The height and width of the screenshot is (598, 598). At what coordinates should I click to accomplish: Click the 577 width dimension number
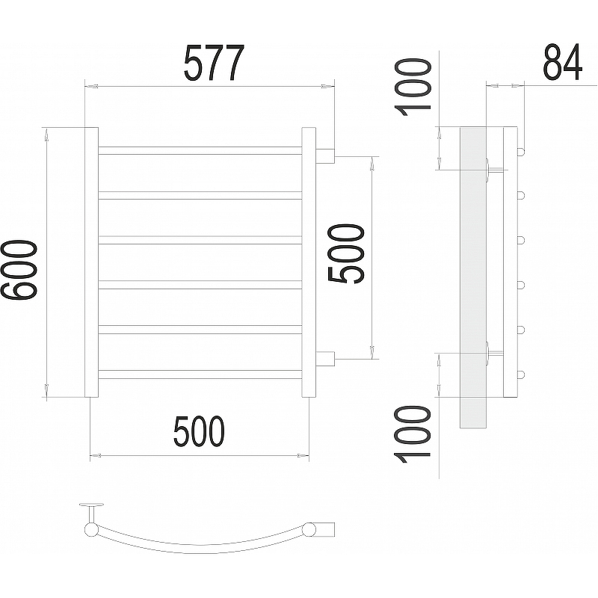(x=214, y=64)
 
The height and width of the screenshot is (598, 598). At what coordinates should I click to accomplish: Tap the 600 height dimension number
(x=19, y=270)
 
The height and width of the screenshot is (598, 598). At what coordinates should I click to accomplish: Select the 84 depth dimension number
(x=563, y=62)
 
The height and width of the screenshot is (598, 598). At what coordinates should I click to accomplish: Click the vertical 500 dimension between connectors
(x=346, y=254)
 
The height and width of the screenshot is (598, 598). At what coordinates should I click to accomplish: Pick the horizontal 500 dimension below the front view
(x=199, y=432)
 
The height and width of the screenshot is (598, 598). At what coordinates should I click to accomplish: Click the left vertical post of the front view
(x=91, y=262)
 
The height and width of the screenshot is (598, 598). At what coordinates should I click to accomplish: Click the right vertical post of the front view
(x=309, y=262)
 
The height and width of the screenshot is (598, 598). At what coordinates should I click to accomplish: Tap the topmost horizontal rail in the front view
(x=200, y=151)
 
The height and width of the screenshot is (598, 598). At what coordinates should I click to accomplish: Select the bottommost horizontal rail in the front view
(x=200, y=374)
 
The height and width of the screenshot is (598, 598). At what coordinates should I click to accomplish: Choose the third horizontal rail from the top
(x=200, y=240)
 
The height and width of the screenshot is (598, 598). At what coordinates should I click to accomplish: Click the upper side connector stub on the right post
(x=325, y=156)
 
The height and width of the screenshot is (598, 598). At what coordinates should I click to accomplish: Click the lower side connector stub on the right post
(x=325, y=359)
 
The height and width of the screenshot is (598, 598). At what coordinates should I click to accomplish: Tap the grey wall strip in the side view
(x=473, y=277)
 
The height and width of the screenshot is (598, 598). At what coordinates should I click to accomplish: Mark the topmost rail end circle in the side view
(x=521, y=151)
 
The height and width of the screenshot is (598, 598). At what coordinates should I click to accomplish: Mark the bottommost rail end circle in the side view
(x=521, y=374)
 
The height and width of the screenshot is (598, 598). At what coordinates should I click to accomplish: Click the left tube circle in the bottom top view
(x=91, y=530)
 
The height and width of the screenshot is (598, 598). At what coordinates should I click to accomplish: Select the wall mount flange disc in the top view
(x=91, y=505)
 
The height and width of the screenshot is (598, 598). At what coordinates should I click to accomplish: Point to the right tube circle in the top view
(x=309, y=529)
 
